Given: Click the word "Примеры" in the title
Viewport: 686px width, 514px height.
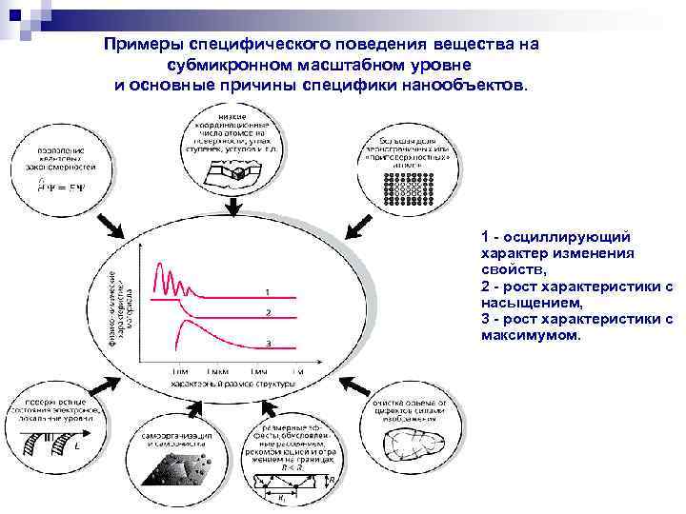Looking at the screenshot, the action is pyautogui.click(x=145, y=46).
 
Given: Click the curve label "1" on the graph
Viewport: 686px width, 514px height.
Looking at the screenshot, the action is pyautogui.click(x=268, y=290).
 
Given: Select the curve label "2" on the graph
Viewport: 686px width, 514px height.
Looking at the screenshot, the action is pyautogui.click(x=268, y=312).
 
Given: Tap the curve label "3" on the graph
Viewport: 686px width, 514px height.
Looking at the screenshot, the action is pyautogui.click(x=268, y=343).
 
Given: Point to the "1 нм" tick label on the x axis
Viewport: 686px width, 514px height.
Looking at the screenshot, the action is pyautogui.click(x=179, y=369).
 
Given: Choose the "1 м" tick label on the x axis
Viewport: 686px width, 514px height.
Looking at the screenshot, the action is pyautogui.click(x=297, y=369).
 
